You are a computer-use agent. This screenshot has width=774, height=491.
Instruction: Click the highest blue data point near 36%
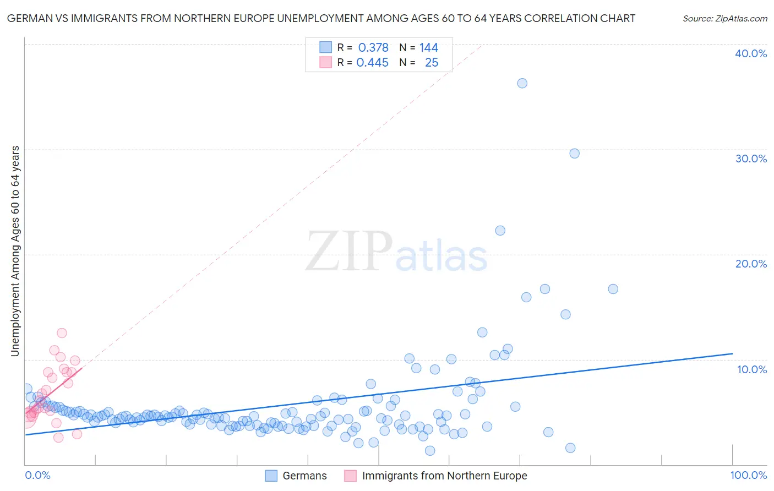click(522, 83)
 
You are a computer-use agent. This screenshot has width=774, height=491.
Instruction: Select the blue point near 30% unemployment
click(574, 154)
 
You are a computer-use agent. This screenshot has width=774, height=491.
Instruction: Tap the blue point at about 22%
click(500, 231)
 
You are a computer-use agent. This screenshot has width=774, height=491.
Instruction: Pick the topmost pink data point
click(62, 333)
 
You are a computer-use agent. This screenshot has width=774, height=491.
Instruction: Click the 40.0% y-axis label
click(751, 53)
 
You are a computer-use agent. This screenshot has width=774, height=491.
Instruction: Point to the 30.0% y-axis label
click(751, 159)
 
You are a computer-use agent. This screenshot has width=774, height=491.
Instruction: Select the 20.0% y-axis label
click(751, 264)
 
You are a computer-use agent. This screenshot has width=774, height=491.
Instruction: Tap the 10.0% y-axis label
click(752, 369)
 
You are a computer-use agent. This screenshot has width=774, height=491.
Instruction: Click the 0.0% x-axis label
click(37, 475)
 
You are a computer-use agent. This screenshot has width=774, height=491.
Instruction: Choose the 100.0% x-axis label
click(748, 475)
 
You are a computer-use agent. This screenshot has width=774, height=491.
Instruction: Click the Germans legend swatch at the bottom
click(271, 476)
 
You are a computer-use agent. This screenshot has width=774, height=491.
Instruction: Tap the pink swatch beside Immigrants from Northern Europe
click(350, 476)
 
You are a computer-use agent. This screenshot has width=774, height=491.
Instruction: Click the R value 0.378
click(373, 48)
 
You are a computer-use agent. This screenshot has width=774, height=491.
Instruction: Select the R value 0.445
click(373, 63)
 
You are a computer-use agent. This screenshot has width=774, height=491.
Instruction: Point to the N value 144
click(428, 48)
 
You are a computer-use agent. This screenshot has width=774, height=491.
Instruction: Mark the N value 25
click(432, 63)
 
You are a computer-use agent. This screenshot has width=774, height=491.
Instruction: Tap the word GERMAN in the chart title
click(27, 19)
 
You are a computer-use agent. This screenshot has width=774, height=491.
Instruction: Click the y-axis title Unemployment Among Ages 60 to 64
click(15, 250)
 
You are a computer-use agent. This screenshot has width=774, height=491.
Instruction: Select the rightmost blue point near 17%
click(613, 289)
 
